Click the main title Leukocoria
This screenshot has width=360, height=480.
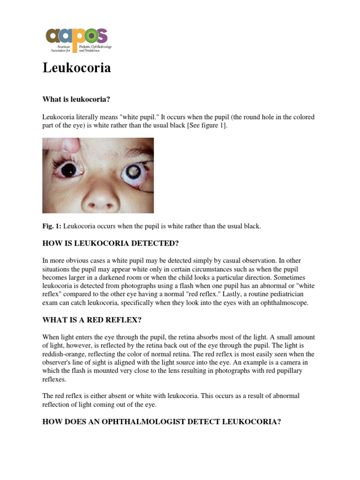click(x=77, y=68)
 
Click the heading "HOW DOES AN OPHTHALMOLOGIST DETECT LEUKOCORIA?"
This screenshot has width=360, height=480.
click(x=162, y=421)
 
